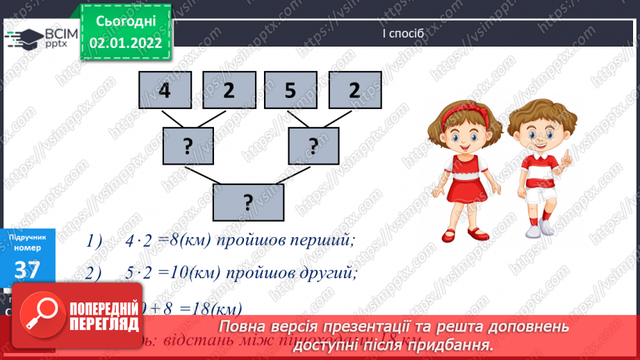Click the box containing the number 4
pyautogui.click(x=165, y=91)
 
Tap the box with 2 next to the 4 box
pyautogui.click(x=229, y=91)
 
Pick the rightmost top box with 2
pyautogui.click(x=354, y=91)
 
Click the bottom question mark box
pyautogui.click(x=248, y=202)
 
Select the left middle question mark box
pyautogui.click(x=188, y=146)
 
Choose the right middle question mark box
pyautogui.click(x=313, y=146)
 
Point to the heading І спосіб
pyautogui.click(x=402, y=33)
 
